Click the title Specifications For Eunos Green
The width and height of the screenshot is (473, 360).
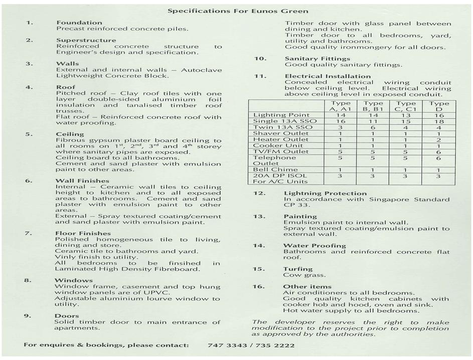click(x=238, y=11)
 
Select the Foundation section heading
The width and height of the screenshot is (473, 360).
click(x=79, y=23)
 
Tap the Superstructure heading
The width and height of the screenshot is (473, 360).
click(x=86, y=40)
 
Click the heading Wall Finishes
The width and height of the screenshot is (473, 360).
click(x=82, y=181)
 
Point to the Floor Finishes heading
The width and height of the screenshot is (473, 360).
click(x=83, y=233)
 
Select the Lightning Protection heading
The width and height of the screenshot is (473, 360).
click(x=325, y=193)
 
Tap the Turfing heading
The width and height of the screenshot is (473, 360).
click(x=297, y=269)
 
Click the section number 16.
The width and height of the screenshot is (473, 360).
click(x=258, y=287)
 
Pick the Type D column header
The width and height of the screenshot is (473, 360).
click(x=439, y=106)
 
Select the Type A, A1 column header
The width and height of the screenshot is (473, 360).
click(x=339, y=106)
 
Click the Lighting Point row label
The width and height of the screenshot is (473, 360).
click(x=277, y=115)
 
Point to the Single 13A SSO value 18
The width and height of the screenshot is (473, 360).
click(x=439, y=122)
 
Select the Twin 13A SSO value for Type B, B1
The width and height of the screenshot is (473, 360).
click(x=373, y=128)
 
